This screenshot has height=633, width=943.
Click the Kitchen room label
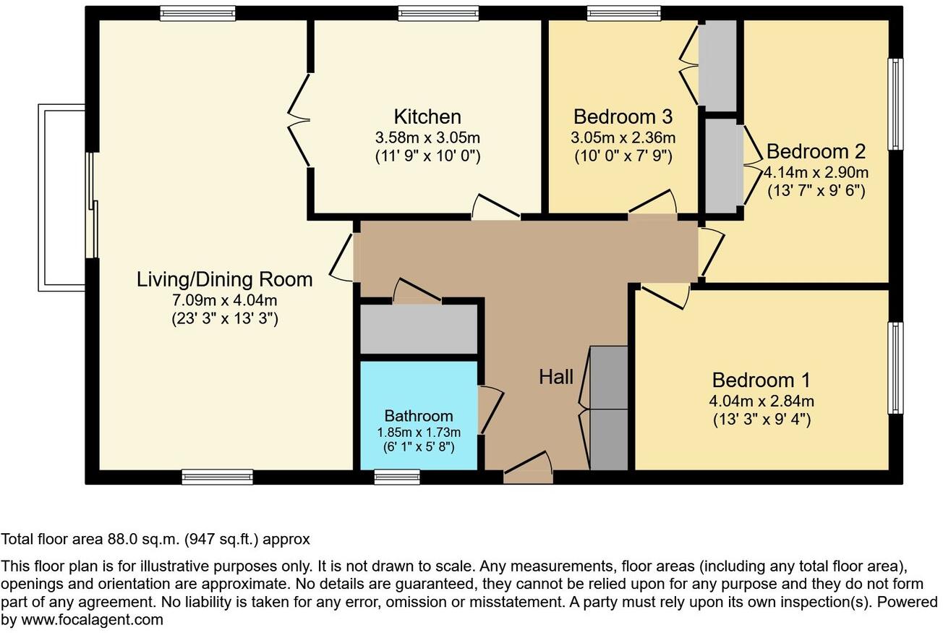(427, 116)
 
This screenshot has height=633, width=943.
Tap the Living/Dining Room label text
(224, 279)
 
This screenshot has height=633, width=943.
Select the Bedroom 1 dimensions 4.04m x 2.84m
(761, 401)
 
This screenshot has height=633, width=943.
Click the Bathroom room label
(419, 416)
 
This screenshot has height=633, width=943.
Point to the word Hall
(555, 377)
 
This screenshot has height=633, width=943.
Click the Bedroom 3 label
(623, 116)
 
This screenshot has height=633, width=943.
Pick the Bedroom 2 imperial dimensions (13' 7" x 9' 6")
(816, 192)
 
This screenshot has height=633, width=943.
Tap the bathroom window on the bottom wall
(397, 477)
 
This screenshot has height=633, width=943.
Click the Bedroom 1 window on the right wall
(896, 368)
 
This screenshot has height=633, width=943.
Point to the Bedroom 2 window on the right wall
(896, 104)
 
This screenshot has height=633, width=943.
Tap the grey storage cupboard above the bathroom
(419, 330)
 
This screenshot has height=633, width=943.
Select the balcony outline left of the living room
(61, 197)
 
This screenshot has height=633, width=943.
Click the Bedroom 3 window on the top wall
(623, 13)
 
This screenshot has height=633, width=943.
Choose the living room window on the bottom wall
(217, 477)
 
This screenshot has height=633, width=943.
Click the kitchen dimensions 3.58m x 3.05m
(427, 137)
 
